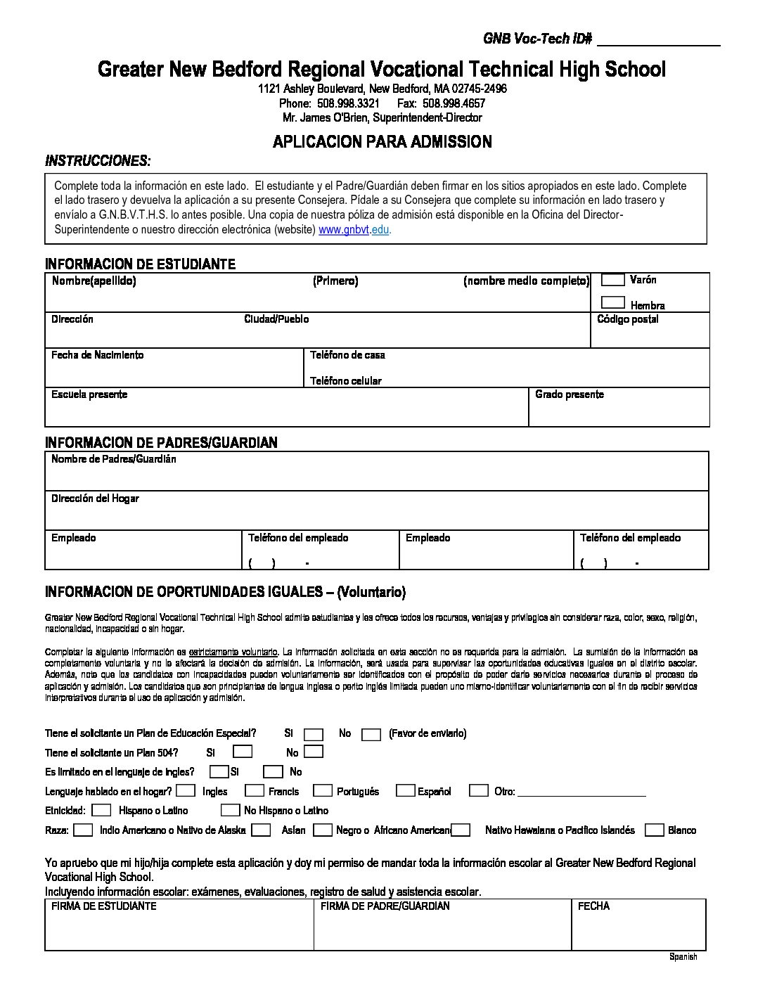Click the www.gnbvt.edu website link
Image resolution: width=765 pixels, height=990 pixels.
[354, 231]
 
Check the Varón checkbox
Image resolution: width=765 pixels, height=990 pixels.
[613, 280]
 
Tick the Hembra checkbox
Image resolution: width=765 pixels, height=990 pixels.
[613, 303]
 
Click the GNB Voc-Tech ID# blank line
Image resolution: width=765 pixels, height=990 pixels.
[658, 42]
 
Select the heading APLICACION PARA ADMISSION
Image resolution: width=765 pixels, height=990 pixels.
[382, 142]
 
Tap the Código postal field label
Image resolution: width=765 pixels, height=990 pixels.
[627, 320]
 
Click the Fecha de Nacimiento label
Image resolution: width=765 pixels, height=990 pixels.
[97, 355]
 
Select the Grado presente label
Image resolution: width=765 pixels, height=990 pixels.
[569, 394]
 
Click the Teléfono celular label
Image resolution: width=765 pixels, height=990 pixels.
[346, 381]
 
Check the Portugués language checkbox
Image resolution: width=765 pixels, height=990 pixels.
[323, 791]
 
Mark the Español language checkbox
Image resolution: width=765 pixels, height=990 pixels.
[405, 791]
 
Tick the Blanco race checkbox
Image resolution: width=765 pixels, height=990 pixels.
[654, 830]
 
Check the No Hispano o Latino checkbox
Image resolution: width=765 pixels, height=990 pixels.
[230, 811]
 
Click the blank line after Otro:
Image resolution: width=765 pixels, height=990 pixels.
[581, 793]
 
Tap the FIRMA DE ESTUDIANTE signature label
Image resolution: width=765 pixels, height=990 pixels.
[104, 906]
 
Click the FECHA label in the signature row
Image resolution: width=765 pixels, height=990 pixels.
[593, 906]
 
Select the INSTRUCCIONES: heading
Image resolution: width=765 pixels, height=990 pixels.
[98, 161]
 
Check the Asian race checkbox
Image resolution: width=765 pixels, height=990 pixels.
[261, 830]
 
